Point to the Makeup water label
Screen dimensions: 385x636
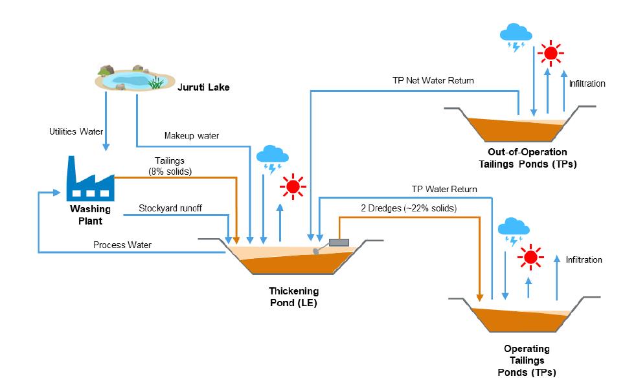coord(191,136)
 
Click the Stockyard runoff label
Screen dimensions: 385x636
coord(170,208)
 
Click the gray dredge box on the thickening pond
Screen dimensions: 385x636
coord(339,243)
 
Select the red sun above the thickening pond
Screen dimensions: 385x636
coord(292,187)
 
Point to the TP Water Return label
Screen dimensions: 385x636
coord(445,190)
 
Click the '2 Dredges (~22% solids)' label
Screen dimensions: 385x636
coord(409,208)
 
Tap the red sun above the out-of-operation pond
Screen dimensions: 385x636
coord(551,53)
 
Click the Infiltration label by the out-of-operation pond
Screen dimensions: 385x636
coord(587,83)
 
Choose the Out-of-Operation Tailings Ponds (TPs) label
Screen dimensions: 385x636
coord(532,158)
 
